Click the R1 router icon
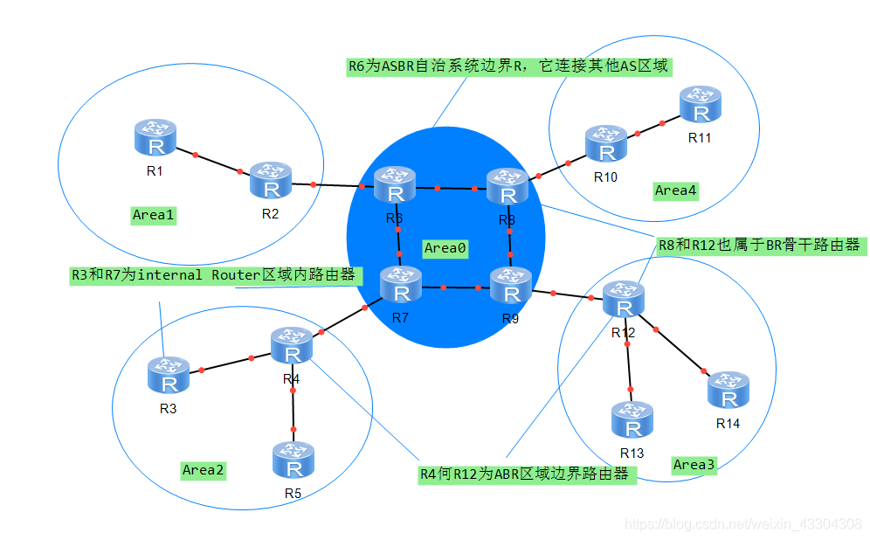coord(155,140)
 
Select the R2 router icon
coord(271,181)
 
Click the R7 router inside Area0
coord(401,286)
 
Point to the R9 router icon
coord(510,287)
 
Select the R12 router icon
coord(624,301)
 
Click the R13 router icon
coord(632,421)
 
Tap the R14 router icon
coord(728,391)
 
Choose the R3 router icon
coord(168,377)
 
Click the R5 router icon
coord(293,461)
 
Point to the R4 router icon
coord(292,347)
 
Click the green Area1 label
coord(154,214)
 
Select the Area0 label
coord(445,248)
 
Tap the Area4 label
coord(675,190)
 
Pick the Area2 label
coord(204,470)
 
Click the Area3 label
coord(694,465)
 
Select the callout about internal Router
coord(214,275)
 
